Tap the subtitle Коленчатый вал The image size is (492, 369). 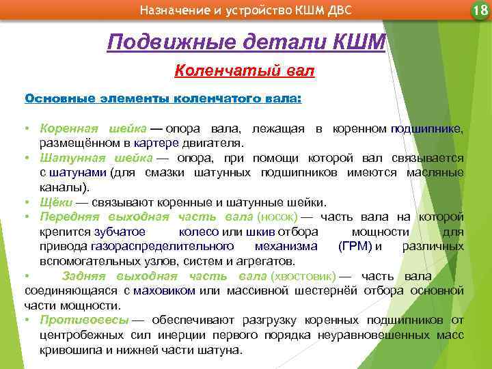point(245,70)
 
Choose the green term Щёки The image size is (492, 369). point(54,202)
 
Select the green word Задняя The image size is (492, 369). point(85,276)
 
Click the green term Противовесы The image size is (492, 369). point(84,320)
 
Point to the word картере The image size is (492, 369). point(156,143)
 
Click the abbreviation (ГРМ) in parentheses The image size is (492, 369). point(355,247)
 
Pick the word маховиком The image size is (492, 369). point(164,290)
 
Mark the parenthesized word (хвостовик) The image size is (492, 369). point(303,276)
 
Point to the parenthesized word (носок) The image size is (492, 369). point(277,217)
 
